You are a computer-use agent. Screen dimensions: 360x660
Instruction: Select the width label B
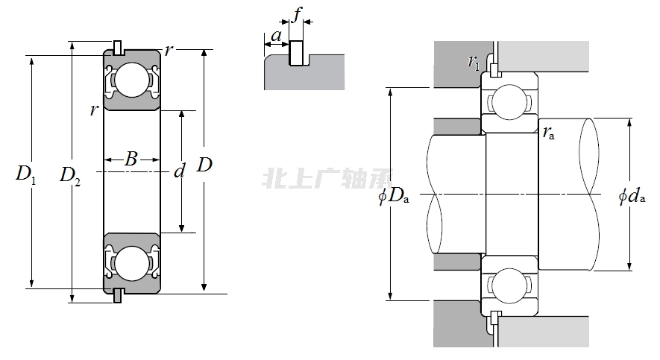131,159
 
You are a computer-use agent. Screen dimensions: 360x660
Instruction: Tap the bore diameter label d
179,172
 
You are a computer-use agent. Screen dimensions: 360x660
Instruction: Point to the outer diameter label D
204,165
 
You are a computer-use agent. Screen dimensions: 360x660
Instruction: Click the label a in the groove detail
277,35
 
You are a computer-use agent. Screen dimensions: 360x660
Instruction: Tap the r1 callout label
474,63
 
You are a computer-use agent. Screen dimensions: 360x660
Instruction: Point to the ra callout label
548,133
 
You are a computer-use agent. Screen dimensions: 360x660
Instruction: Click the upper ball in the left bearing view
132,79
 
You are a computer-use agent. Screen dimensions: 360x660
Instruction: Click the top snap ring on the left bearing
118,47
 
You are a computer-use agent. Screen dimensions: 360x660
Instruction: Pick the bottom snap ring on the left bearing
118,295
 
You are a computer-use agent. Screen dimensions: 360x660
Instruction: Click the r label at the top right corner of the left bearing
169,51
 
